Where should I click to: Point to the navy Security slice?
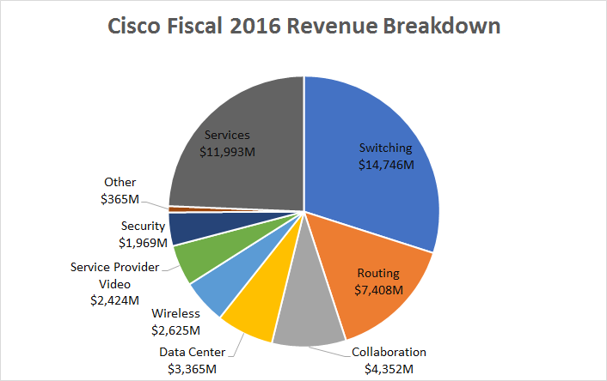coord(185,227)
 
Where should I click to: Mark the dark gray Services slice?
coord(232,172)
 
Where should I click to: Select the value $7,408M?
coord(378,289)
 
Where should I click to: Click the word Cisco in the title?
coord(140,27)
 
